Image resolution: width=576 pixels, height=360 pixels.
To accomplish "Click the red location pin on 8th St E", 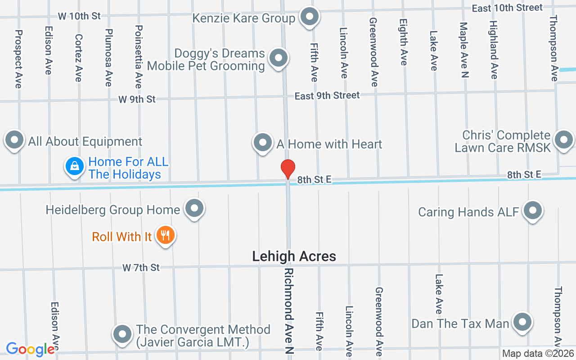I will coord(288,169).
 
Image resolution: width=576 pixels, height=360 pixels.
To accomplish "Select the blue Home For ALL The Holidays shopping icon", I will coord(75,166).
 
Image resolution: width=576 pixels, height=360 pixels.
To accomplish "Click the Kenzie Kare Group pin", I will coord(309,17).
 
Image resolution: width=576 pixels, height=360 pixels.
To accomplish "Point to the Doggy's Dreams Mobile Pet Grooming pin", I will coord(279,58).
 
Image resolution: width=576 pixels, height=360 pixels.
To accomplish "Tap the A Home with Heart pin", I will coord(263,143).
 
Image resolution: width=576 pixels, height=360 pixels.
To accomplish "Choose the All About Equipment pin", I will coord(14,140).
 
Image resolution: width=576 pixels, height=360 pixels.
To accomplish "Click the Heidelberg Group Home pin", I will coord(194,208).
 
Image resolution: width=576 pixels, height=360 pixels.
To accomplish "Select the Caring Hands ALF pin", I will coord(533,210).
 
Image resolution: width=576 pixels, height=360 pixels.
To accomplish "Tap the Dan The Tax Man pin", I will coord(522,322).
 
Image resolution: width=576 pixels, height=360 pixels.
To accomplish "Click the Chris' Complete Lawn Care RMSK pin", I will coord(563,139).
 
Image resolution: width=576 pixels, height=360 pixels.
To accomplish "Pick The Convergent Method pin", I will coord(122,334).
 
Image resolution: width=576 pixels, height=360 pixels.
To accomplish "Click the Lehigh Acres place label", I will coord(294,256).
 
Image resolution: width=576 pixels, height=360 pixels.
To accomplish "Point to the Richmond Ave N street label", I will coord(289,312).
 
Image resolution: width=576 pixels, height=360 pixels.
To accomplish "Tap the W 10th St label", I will coord(79,16).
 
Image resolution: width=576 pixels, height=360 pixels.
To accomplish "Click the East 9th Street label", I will coord(327,95).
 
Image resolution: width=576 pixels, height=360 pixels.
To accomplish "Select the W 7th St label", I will coord(141,268).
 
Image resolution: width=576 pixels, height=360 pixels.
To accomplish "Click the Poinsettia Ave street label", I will coord(139,57).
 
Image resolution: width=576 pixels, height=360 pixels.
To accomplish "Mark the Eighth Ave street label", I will coord(404,42).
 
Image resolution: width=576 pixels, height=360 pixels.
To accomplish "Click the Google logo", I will coord(31,349).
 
